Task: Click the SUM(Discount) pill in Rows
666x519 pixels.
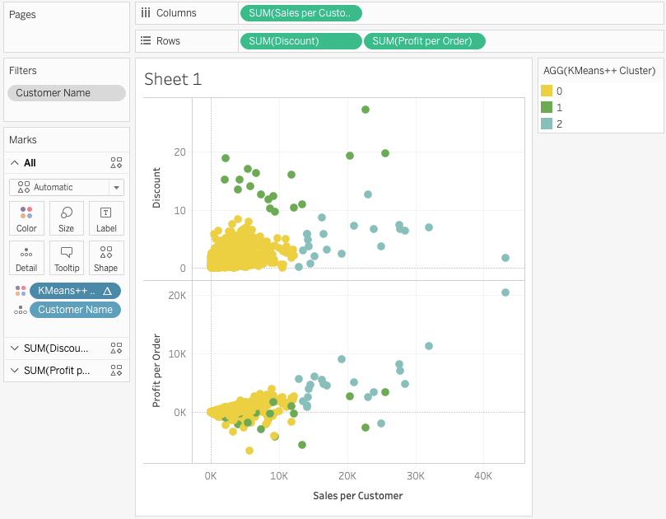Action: [x=300, y=41]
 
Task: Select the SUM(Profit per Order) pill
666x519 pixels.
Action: [x=424, y=41]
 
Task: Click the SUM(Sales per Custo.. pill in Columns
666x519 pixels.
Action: [x=300, y=13]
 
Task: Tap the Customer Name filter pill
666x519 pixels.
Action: [x=66, y=93]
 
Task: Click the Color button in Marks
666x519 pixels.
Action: [x=26, y=218]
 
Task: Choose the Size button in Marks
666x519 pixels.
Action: [x=66, y=218]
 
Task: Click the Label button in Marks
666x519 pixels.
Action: [x=106, y=218]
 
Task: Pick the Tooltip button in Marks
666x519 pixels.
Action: [x=66, y=258]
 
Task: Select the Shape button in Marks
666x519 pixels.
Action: [x=106, y=258]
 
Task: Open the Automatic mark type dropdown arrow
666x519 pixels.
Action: [x=116, y=188]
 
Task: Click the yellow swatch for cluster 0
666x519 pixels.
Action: [x=547, y=91]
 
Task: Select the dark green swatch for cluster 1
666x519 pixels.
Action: [x=547, y=107]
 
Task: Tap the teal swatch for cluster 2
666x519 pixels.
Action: [x=547, y=124]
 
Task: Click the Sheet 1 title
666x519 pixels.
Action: [x=173, y=79]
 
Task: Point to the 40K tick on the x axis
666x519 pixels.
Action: [x=483, y=475]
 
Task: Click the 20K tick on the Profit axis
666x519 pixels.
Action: [x=177, y=296]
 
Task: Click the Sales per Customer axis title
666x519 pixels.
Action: [x=357, y=496]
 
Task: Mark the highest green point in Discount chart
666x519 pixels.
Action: [x=366, y=110]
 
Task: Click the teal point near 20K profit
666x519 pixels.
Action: [x=505, y=292]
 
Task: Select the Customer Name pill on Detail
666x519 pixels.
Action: [x=75, y=310]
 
